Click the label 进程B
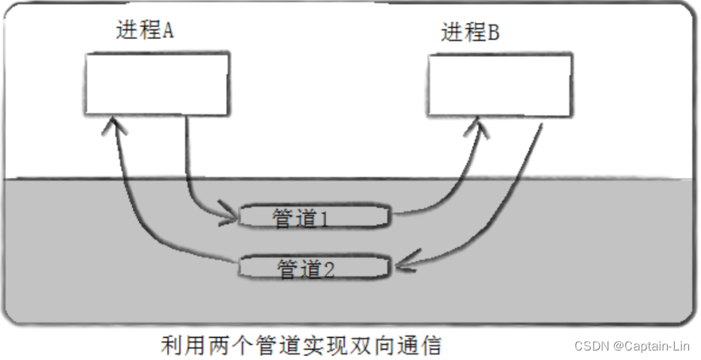point(470,32)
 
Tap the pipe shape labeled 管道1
point(315,217)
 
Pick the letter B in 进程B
point(492,32)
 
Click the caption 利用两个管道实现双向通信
point(301,345)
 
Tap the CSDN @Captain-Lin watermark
point(632,346)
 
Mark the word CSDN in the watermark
point(591,346)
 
